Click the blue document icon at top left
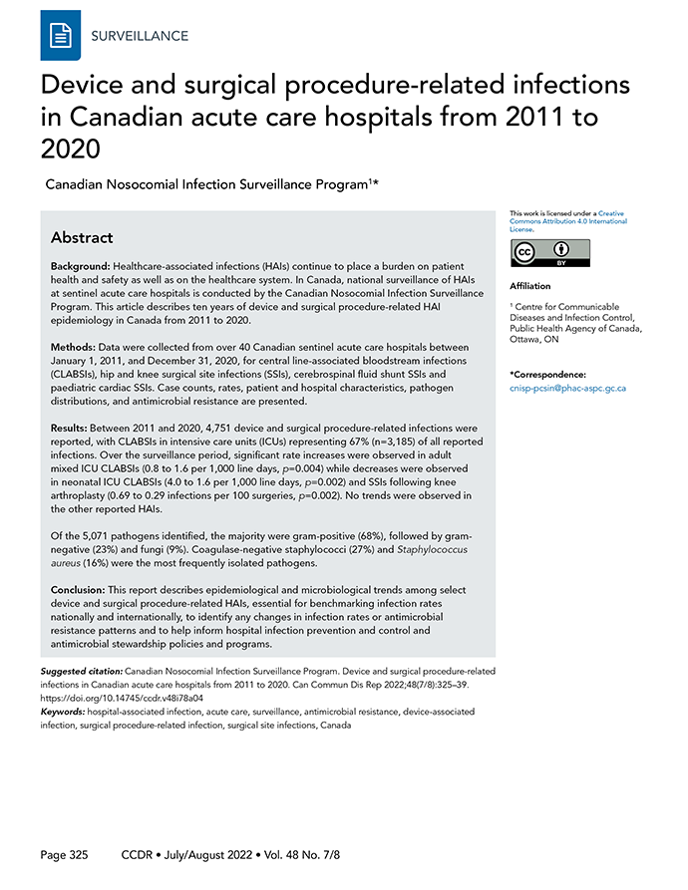(x=60, y=36)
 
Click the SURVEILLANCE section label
(x=139, y=36)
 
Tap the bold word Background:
(x=81, y=270)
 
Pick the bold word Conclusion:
(x=85, y=590)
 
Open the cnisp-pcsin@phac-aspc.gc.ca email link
(x=566, y=388)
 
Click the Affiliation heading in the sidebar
(x=529, y=286)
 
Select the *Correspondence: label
(x=546, y=373)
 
